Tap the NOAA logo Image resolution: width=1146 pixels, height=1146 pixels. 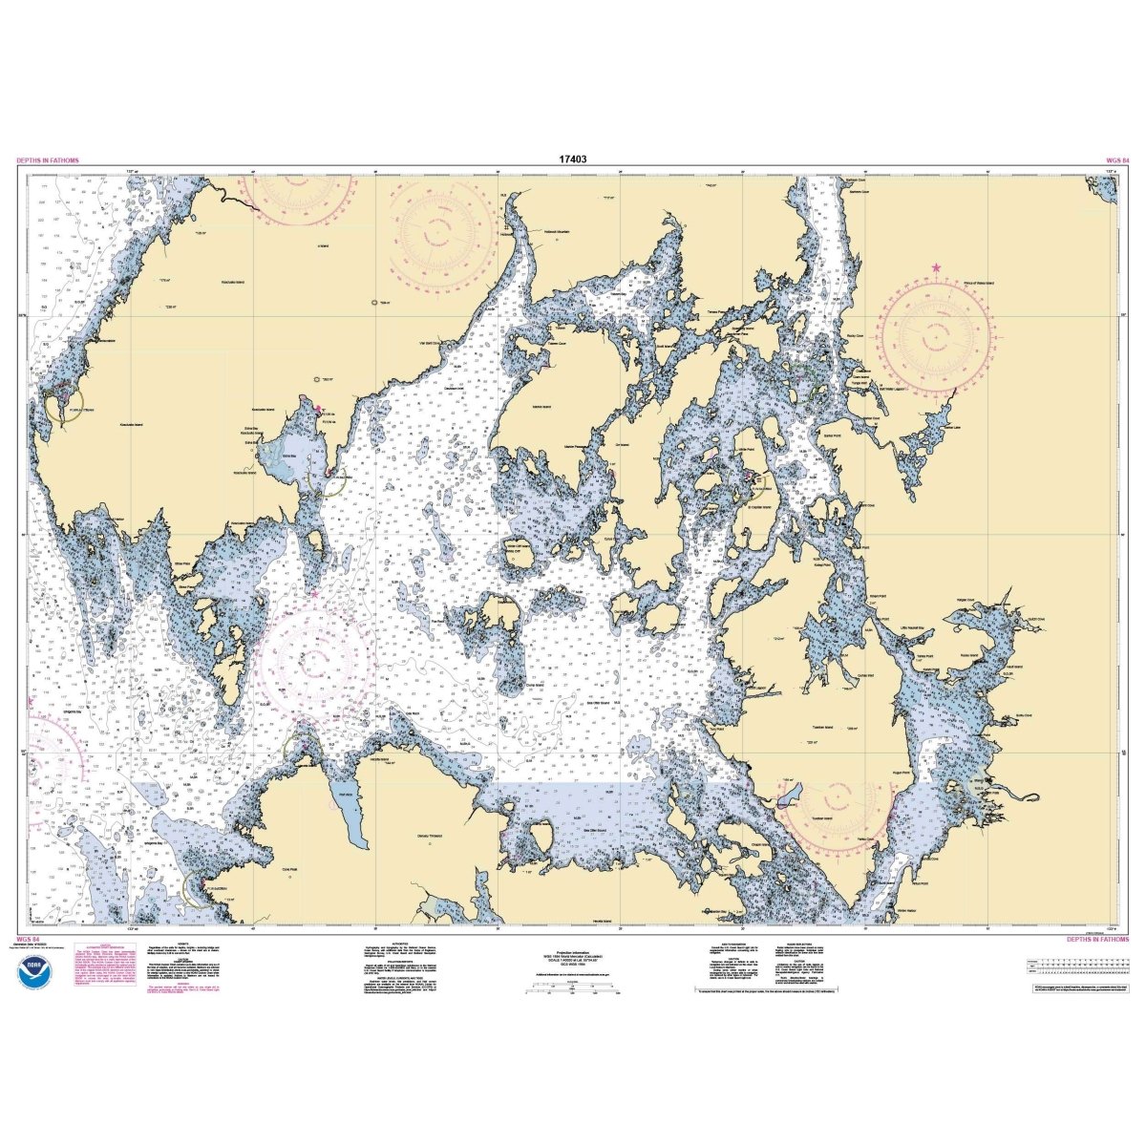[x=32, y=973]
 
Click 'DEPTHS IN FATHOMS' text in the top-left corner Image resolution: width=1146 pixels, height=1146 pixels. [x=48, y=161]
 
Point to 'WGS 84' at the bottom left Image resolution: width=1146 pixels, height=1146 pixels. [x=28, y=941]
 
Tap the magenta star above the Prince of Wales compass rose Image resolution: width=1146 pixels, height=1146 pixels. [x=936, y=265]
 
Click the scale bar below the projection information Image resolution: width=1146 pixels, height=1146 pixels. [x=573, y=993]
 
